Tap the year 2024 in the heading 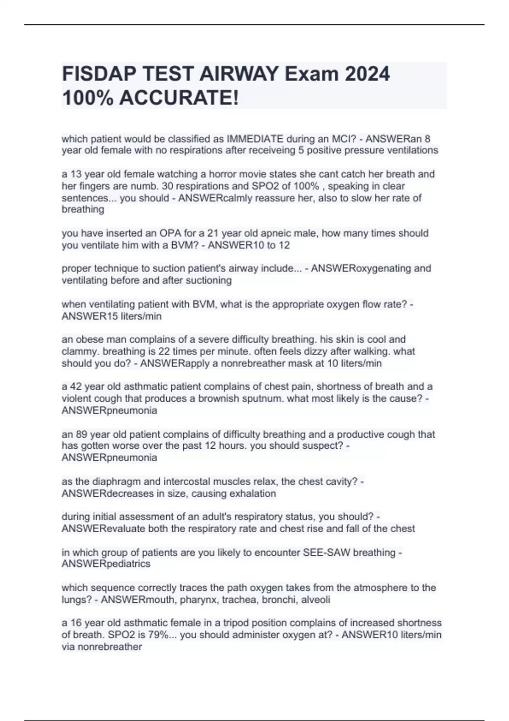367,75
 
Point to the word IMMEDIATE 255,139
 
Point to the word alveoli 314,600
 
